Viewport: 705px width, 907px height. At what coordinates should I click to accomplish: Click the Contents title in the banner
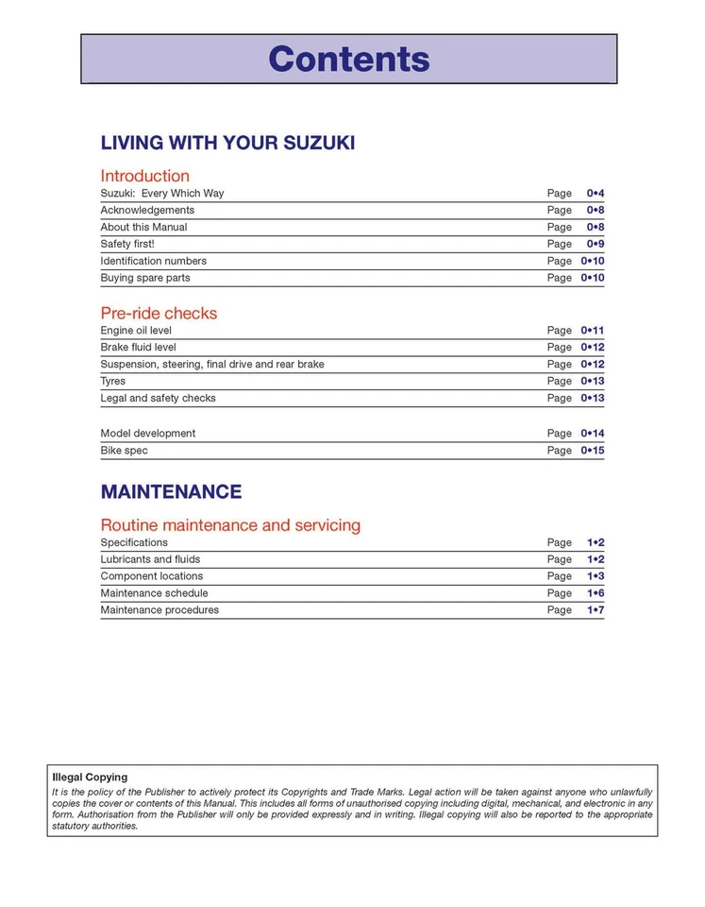point(348,59)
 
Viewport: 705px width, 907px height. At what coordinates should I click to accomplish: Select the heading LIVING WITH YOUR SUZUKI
point(227,144)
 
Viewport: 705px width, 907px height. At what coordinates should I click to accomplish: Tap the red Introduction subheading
point(144,176)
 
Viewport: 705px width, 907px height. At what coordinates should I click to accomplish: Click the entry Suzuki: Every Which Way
point(162,194)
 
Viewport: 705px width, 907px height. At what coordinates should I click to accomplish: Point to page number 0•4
point(595,194)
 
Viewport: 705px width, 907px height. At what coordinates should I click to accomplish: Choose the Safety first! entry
point(127,244)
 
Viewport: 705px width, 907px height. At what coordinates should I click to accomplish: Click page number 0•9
point(595,244)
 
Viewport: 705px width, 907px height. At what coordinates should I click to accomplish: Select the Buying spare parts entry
point(145,278)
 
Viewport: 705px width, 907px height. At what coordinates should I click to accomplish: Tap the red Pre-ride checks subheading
point(159,313)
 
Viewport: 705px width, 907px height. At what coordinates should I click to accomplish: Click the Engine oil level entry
point(136,331)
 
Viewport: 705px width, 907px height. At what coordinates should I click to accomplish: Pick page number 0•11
point(592,331)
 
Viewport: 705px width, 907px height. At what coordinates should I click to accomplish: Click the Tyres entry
point(113,381)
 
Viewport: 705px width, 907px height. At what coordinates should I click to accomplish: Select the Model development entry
point(148,434)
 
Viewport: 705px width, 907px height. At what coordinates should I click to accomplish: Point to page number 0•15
point(592,451)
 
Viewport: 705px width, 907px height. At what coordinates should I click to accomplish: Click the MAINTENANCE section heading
point(171,492)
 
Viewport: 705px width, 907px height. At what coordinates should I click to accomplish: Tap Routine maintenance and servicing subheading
point(230,525)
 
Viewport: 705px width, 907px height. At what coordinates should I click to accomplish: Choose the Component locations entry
point(152,576)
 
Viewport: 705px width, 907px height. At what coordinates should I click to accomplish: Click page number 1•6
point(595,593)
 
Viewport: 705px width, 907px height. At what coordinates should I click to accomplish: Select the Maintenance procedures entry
point(159,610)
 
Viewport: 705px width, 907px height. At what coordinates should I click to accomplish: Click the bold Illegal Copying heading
point(90,778)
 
